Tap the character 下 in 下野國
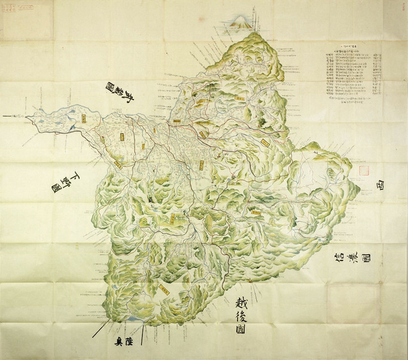tap(75, 177)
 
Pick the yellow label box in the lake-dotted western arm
tap(83, 118)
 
